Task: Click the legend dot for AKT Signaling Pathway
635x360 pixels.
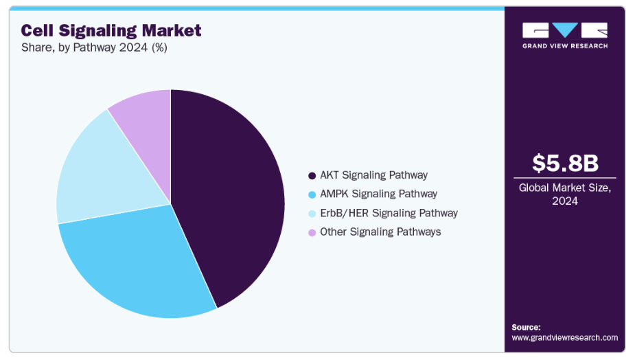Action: tap(312, 176)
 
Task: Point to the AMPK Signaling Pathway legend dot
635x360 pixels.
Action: tap(312, 194)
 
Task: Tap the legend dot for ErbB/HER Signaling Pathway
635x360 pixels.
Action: tap(312, 214)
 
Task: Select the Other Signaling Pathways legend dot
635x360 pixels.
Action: tap(312, 232)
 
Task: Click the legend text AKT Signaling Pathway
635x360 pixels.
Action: tap(373, 175)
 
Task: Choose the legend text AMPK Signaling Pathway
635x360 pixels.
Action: tap(378, 194)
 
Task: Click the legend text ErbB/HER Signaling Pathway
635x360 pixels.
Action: tap(389, 213)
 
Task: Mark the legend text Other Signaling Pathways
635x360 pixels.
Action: tap(380, 232)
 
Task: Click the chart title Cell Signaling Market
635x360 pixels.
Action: tap(111, 30)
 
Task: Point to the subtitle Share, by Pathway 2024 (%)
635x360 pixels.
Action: tap(94, 47)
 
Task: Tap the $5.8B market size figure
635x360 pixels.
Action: tap(566, 164)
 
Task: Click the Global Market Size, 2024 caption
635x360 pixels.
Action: tap(566, 194)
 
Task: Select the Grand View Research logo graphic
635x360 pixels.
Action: tap(565, 31)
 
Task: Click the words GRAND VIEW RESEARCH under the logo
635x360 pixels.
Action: tap(565, 46)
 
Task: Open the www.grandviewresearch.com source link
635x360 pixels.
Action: tap(564, 337)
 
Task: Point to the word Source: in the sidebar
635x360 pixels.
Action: tap(526, 327)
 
